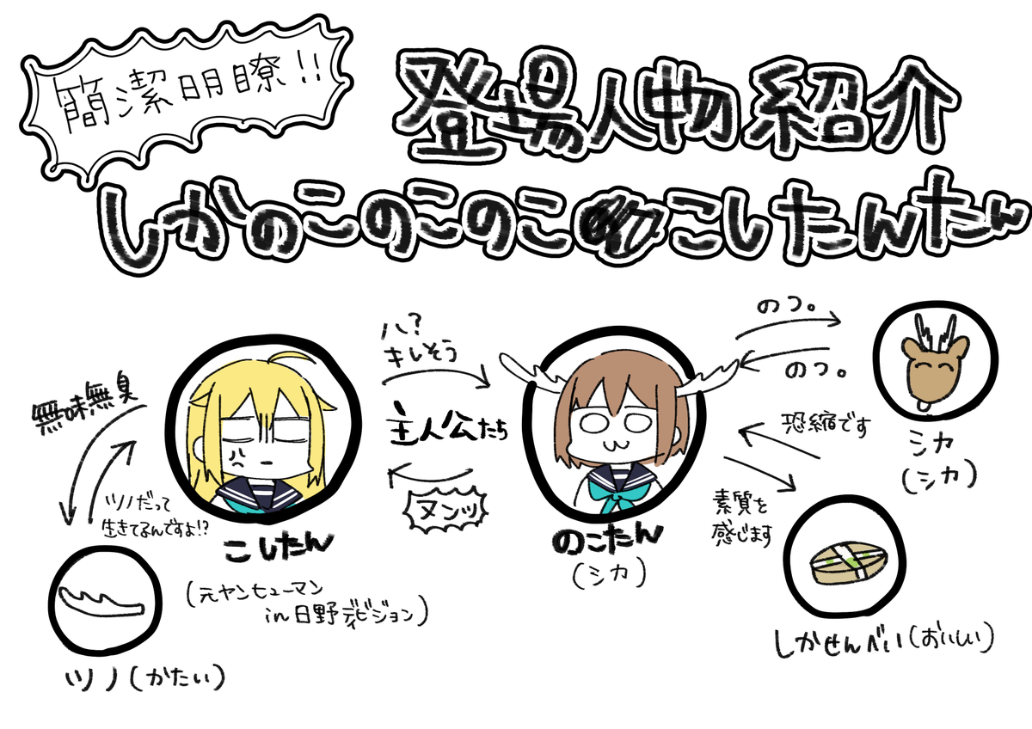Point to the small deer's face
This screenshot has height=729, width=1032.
(x=933, y=358)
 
